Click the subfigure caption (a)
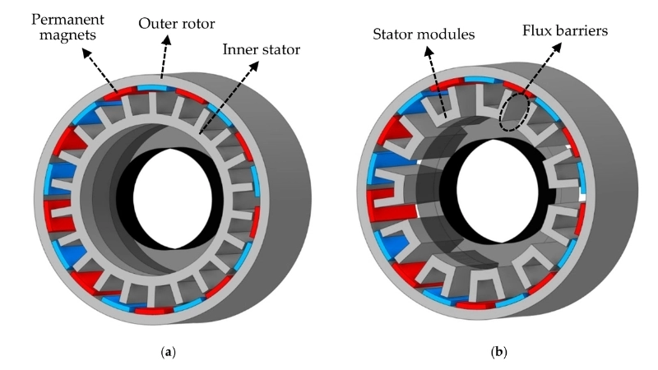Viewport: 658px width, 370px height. click(x=169, y=352)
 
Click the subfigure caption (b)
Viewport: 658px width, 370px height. click(x=498, y=352)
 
